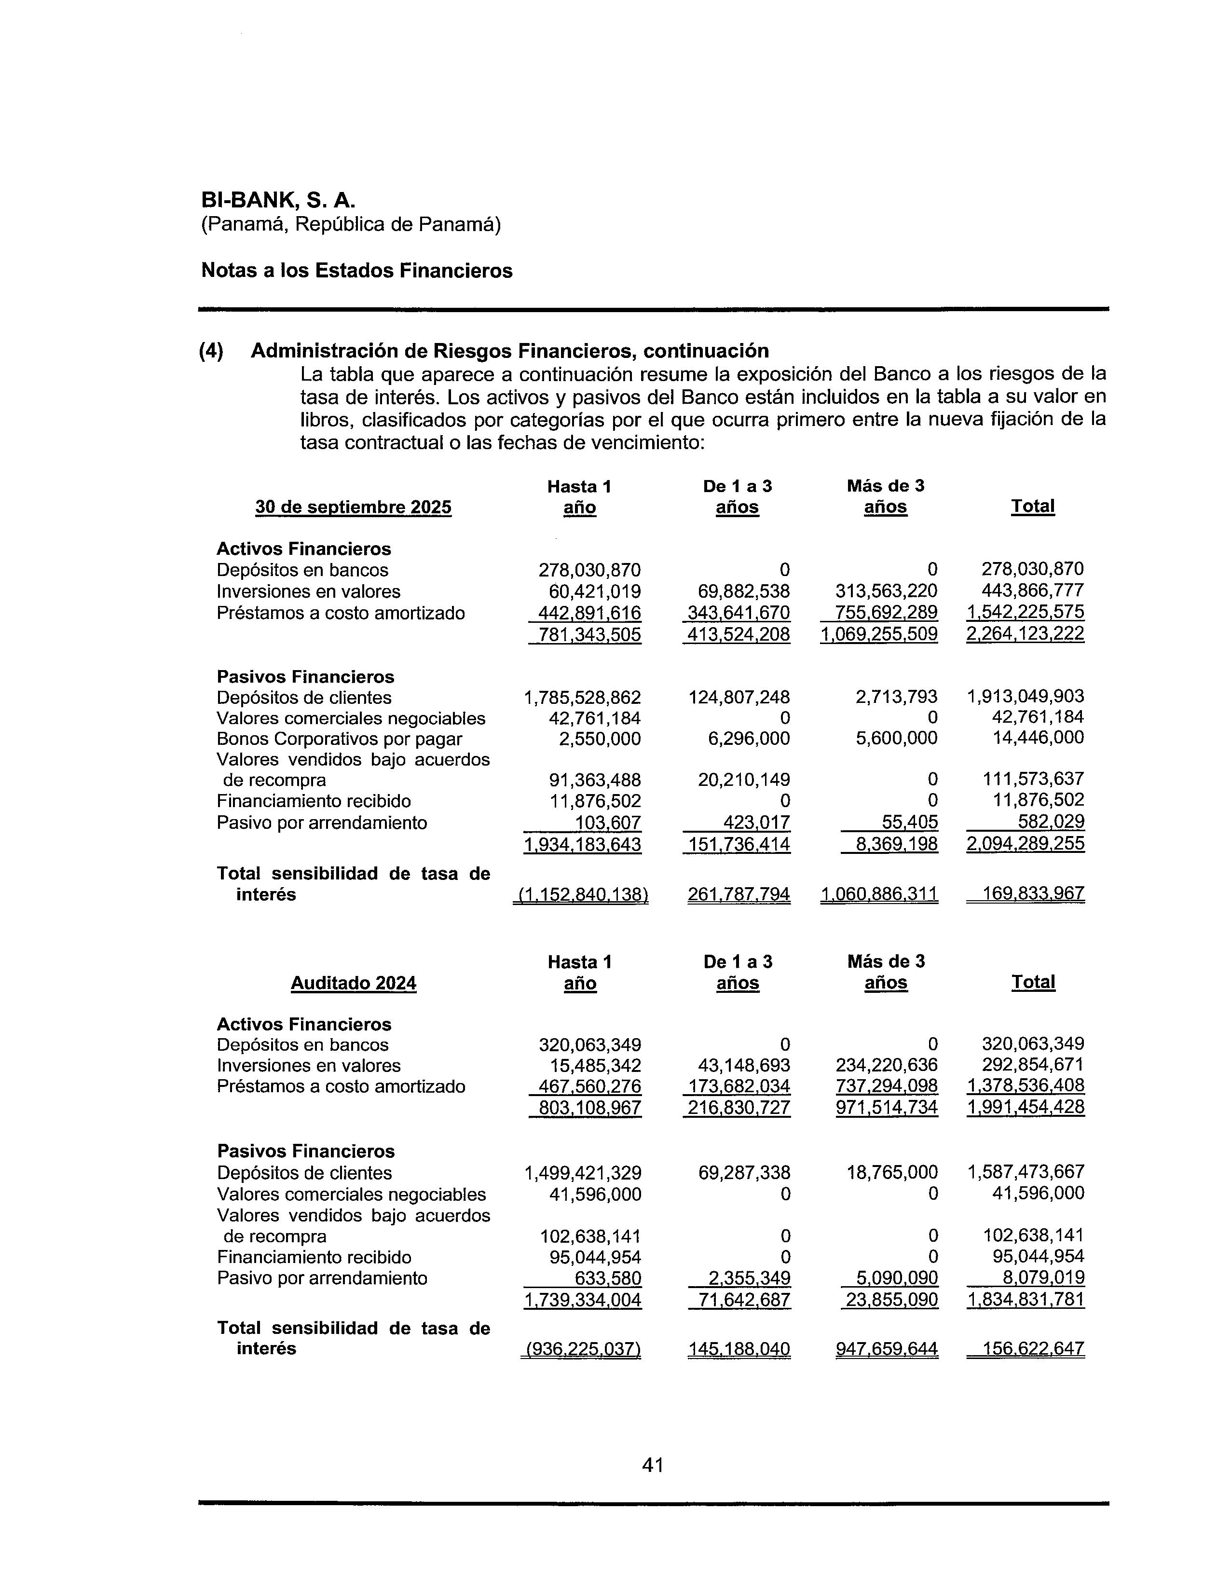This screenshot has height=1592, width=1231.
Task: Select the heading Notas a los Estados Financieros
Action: [x=356, y=271]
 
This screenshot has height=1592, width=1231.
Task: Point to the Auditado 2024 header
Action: [x=354, y=983]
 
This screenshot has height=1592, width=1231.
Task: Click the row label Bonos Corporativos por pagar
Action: [x=339, y=739]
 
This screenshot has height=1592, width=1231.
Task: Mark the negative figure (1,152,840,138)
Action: [x=581, y=894]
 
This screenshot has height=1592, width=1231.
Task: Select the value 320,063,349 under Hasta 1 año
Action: [x=589, y=1044]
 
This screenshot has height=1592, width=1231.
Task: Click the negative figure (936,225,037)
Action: [x=581, y=1349]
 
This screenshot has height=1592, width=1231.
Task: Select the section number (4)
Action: [x=211, y=351]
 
